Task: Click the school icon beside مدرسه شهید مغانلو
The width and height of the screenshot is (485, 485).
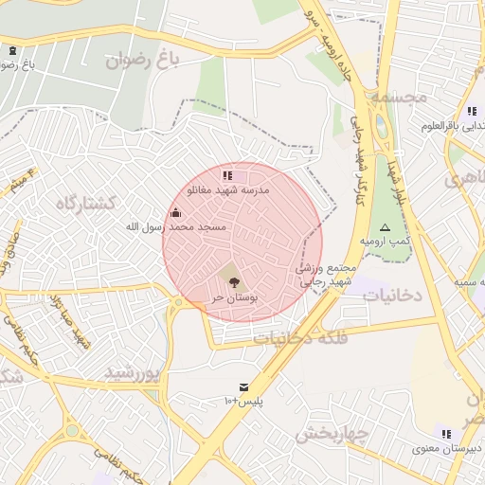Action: pos(226,175)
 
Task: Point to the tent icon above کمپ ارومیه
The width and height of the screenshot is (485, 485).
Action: pos(385,227)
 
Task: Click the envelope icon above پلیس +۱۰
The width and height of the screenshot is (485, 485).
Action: pos(243,387)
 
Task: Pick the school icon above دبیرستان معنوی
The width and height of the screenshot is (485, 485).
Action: pos(445,433)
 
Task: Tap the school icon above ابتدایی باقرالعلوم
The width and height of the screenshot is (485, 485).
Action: pos(472,111)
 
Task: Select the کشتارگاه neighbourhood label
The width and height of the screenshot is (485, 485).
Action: pos(85,203)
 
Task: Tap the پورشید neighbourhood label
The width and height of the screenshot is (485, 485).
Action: pos(132,371)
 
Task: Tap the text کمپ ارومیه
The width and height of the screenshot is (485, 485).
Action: pos(385,242)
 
